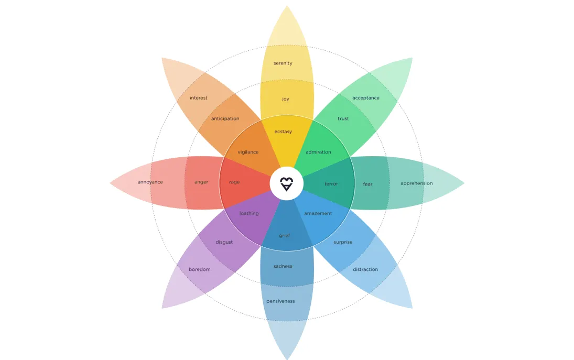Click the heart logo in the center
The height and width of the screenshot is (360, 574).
point(287,184)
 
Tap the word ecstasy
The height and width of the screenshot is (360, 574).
point(283,132)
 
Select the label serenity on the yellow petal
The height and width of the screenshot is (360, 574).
point(283,63)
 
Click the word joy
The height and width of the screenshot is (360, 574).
point(286,99)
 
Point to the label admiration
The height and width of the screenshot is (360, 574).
point(318,152)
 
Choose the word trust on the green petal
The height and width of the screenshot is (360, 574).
point(343,118)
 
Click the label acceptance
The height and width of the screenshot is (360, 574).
point(366,98)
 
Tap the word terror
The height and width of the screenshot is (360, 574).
point(331,184)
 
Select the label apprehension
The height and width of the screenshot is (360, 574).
point(417,183)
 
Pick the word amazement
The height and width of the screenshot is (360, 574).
point(318,213)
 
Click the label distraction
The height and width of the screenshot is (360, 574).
point(365,269)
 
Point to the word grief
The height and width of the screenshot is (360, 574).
point(285,236)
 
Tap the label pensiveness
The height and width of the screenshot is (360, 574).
point(280,301)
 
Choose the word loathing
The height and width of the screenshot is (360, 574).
point(249,213)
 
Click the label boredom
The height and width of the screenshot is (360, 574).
point(200,269)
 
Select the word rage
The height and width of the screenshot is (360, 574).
point(234,182)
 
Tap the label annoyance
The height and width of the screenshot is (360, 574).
point(150,182)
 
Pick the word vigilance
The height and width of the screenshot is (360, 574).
point(248,152)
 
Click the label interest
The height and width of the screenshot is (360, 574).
point(199,98)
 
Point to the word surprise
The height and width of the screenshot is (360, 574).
point(343,242)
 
